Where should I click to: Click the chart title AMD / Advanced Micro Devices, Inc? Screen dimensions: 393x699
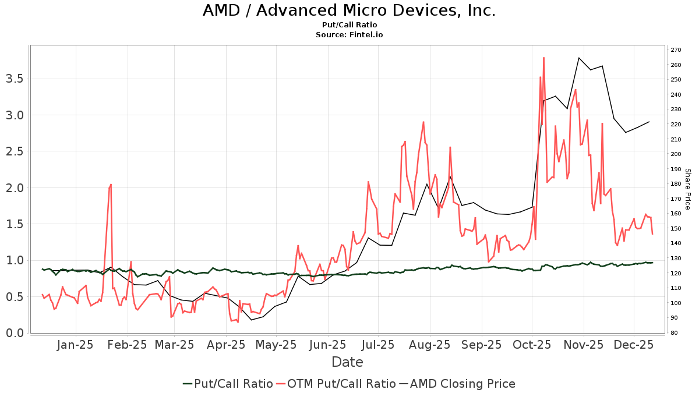click(349, 10)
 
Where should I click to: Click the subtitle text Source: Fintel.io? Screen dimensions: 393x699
click(349, 35)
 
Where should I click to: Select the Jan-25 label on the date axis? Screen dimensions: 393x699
click(76, 345)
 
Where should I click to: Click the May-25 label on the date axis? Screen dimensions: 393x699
click(277, 345)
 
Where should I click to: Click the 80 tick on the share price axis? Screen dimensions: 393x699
click(674, 333)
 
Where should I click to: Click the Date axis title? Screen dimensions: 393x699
click(347, 362)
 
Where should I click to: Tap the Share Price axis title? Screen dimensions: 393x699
click(687, 189)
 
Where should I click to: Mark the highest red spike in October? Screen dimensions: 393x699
click(543, 58)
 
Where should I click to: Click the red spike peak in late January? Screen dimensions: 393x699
click(111, 185)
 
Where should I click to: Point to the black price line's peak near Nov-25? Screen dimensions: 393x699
click(579, 58)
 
